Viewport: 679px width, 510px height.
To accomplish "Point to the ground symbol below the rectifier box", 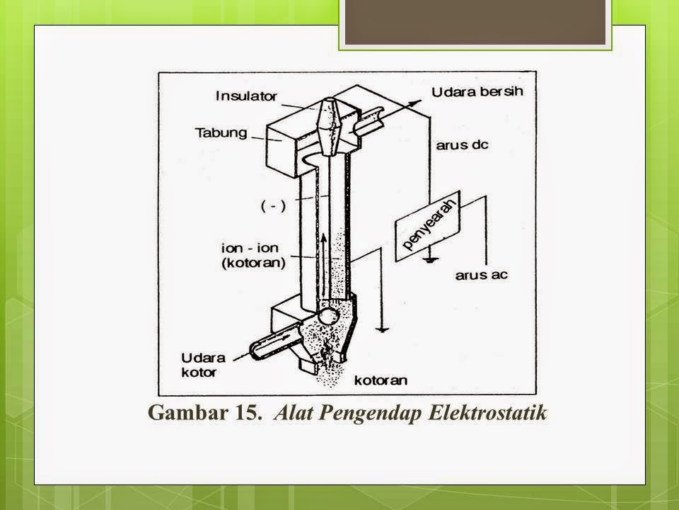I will pos(426,259).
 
